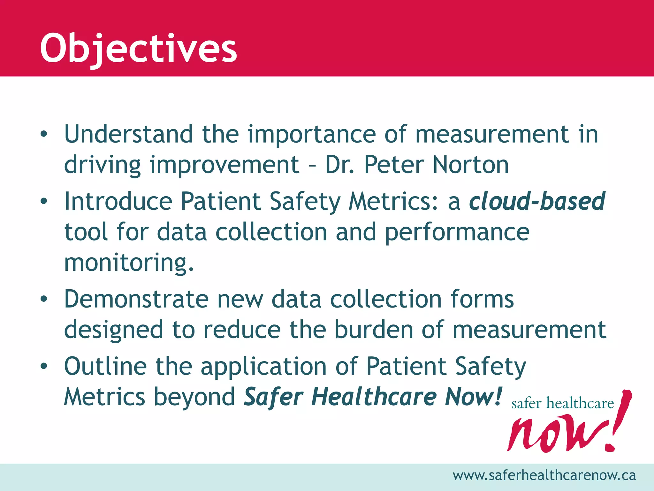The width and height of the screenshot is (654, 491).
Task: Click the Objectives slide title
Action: point(138,49)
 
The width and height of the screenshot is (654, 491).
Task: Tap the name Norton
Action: point(470,165)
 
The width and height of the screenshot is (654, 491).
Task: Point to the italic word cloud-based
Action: point(537,201)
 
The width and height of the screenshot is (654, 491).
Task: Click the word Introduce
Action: point(118,201)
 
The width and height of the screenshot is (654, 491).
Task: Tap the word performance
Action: point(457,232)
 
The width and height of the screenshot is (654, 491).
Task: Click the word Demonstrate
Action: point(136,299)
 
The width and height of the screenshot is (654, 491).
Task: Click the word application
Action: point(263,366)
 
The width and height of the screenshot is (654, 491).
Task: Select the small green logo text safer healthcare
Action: point(562,403)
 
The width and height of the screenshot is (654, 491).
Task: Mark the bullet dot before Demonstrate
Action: point(44,299)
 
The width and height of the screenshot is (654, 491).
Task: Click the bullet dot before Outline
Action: point(44,366)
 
